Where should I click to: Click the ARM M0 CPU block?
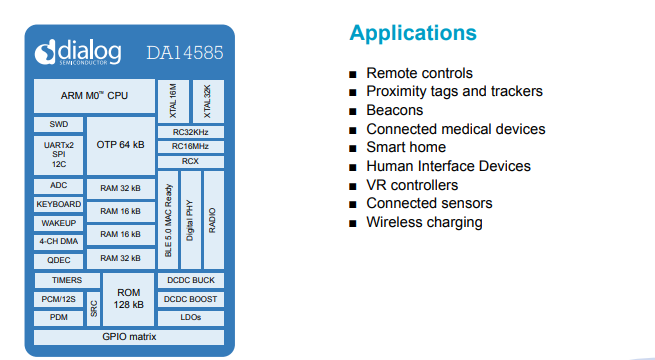pos(95,97)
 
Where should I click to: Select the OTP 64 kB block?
pos(120,145)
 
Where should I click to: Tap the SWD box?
pos(58,125)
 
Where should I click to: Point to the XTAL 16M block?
pos(173,100)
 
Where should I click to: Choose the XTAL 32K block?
pos(208,100)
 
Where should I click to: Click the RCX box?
pos(190,161)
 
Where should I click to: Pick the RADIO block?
pos(212,220)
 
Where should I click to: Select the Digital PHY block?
pos(190,220)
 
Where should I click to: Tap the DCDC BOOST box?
pos(190,299)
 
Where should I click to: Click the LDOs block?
pos(190,317)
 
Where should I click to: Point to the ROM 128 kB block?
pos(129,298)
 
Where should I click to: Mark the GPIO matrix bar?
pos(129,337)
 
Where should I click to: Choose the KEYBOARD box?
pos(58,204)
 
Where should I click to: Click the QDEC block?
pos(58,259)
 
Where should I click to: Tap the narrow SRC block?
pos(93,308)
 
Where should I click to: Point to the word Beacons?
pos(396,111)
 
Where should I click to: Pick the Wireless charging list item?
pos(424,222)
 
